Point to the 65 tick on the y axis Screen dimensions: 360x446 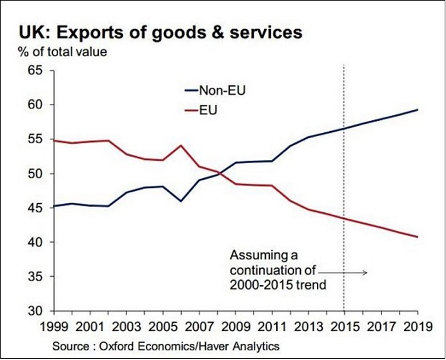click(x=34, y=70)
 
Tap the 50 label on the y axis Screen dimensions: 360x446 click(x=34, y=174)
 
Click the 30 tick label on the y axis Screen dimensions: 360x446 click(x=34, y=311)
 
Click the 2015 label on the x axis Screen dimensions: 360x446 click(x=343, y=326)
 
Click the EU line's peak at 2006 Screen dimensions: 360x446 click(x=181, y=145)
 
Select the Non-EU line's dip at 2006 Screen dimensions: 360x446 click(x=181, y=201)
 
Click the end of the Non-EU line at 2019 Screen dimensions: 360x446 click(x=418, y=110)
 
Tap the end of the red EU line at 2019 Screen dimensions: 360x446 click(x=418, y=237)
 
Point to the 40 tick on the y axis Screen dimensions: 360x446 click(x=34, y=242)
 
